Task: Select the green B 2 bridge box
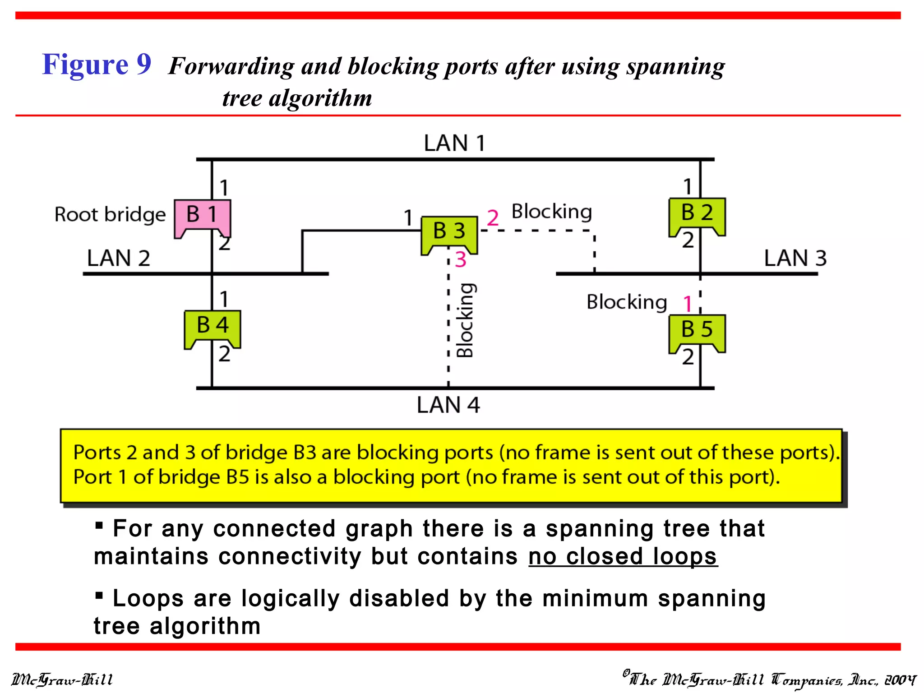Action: click(697, 214)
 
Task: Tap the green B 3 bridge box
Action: click(449, 232)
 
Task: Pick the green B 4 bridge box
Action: click(213, 327)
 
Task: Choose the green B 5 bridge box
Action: click(697, 331)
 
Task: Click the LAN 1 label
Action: click(454, 143)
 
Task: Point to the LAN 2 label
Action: click(118, 259)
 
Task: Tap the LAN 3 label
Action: click(795, 259)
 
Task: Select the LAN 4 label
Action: click(448, 405)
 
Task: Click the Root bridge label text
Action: click(110, 215)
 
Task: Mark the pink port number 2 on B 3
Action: click(493, 218)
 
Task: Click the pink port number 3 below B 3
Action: click(460, 259)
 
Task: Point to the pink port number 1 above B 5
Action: click(688, 304)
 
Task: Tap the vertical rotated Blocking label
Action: click(465, 320)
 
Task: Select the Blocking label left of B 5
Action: click(627, 302)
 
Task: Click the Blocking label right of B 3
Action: click(551, 212)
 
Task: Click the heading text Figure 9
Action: click(97, 64)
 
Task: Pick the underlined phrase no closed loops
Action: click(623, 556)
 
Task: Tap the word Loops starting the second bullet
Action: click(148, 599)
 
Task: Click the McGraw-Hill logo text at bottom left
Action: click(62, 679)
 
